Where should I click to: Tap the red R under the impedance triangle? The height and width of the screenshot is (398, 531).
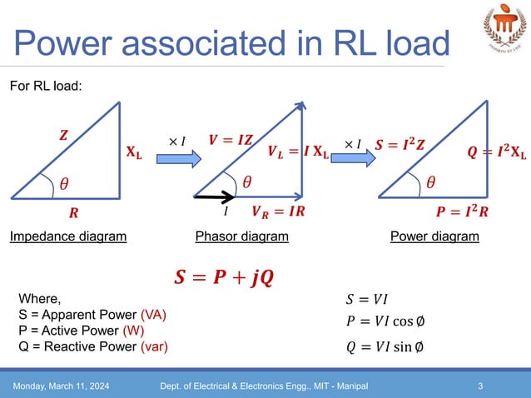(x=73, y=212)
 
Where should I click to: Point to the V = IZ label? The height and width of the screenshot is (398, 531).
(x=231, y=140)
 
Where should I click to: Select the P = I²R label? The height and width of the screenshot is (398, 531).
(x=462, y=211)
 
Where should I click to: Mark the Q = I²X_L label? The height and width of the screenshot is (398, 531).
(x=498, y=155)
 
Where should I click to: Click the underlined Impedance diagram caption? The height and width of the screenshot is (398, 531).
(x=68, y=236)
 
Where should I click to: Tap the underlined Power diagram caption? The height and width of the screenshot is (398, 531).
(x=434, y=236)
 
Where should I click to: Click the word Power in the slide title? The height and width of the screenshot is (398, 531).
(x=72, y=43)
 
